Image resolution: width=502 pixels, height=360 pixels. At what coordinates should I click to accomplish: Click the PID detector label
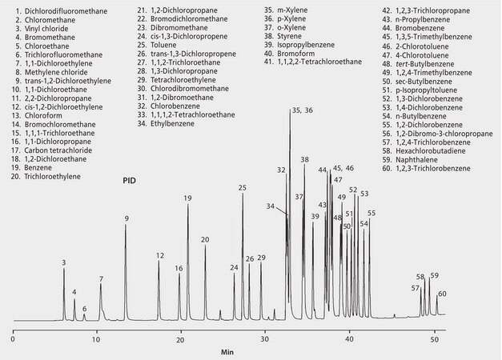pyautogui.click(x=129, y=181)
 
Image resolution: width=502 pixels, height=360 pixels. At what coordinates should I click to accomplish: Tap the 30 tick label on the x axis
pyautogui.click(x=265, y=338)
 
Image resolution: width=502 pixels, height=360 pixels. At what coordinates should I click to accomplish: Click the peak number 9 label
pyautogui.click(x=126, y=218)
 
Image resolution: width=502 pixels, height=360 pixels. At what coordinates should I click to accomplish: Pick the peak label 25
pyautogui.click(x=243, y=187)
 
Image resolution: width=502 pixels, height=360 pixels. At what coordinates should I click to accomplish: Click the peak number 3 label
pyautogui.click(x=64, y=262)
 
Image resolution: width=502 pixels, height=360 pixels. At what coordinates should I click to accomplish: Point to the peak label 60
pyautogui.click(x=442, y=294)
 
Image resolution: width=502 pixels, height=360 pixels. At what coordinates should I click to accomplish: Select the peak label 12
pyautogui.click(x=160, y=255)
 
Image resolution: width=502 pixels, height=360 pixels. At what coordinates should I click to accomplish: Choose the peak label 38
pyautogui.click(x=304, y=160)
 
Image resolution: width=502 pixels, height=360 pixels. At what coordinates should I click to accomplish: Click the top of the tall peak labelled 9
pyautogui.click(x=126, y=226)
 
